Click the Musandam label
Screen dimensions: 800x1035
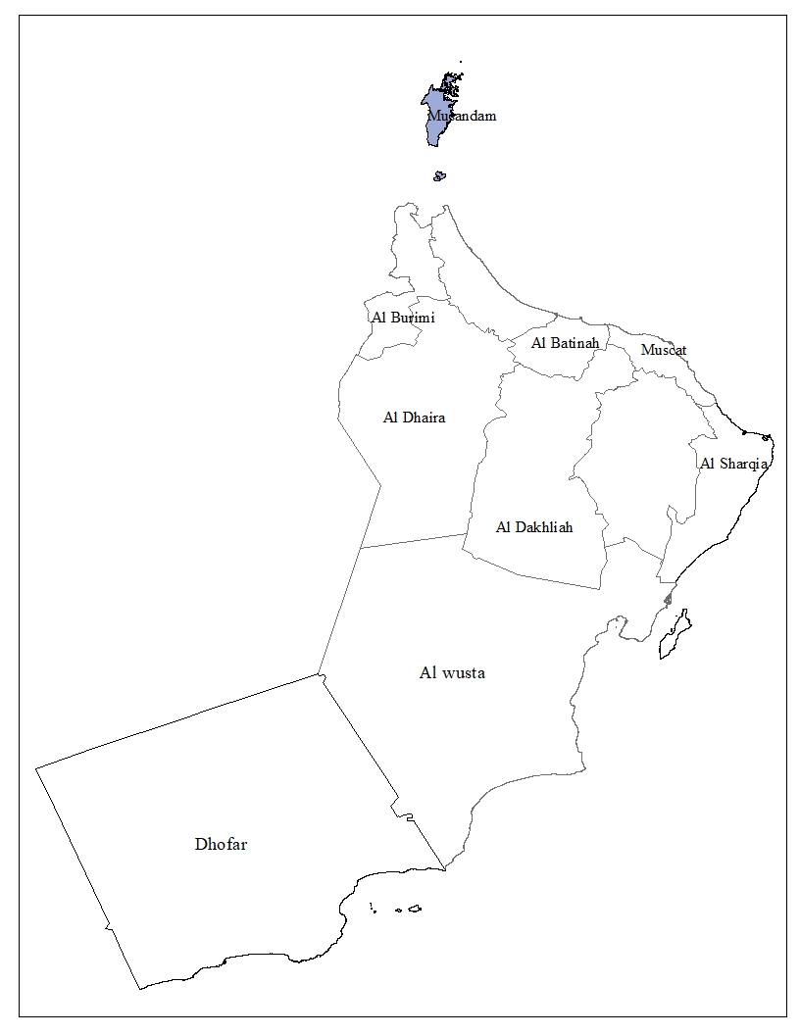[x=462, y=116]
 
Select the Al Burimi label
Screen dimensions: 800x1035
[x=402, y=318]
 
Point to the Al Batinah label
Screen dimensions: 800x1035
[x=565, y=343]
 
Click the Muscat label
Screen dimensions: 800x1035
[x=664, y=350]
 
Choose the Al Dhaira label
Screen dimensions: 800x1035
[x=414, y=418]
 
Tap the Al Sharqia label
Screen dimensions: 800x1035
[x=732, y=464]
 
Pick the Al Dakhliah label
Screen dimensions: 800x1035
[x=534, y=527]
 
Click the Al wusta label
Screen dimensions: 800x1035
[x=452, y=673]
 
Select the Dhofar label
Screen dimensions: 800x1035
[x=221, y=844]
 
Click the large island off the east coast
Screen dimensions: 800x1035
[x=673, y=635]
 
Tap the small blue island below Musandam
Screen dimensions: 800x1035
[x=439, y=176]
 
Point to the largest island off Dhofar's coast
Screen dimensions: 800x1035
[x=415, y=908]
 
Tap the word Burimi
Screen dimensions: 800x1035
[x=412, y=318]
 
